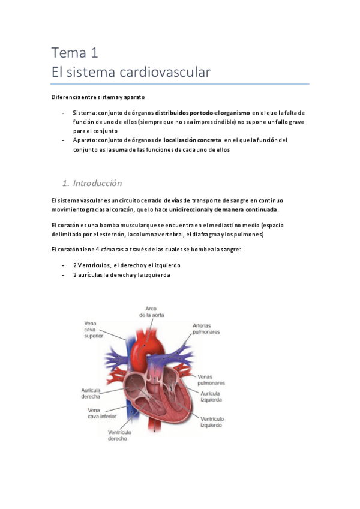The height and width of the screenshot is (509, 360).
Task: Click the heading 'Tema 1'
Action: tap(74, 53)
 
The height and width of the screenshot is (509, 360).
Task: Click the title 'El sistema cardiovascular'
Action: tap(131, 73)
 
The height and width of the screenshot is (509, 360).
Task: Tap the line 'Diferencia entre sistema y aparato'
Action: tap(98, 97)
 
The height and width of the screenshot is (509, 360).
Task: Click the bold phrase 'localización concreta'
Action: tap(192, 140)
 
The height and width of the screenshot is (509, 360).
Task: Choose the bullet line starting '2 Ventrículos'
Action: tap(127, 265)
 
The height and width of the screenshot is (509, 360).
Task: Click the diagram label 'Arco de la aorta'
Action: tap(151, 311)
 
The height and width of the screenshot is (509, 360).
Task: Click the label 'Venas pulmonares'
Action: tap(211, 379)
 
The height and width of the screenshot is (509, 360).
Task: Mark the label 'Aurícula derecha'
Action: tap(91, 393)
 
